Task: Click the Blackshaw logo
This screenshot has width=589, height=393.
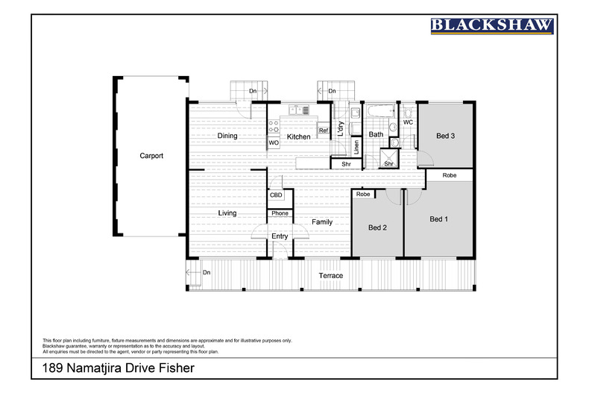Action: pyautogui.click(x=493, y=25)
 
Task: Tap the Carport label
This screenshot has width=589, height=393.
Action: pyautogui.click(x=151, y=156)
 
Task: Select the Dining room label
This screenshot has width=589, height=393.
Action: pyautogui.click(x=227, y=136)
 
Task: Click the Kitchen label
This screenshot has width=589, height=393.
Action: pyautogui.click(x=298, y=136)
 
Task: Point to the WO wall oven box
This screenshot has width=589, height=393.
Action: pyautogui.click(x=274, y=142)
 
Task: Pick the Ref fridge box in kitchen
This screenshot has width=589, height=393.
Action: pyautogui.click(x=324, y=131)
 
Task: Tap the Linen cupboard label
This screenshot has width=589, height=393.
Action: pyautogui.click(x=356, y=146)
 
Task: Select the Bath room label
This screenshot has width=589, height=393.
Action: pyautogui.click(x=376, y=135)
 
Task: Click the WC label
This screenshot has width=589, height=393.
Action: pyautogui.click(x=408, y=122)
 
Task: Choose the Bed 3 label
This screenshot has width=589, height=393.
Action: pyautogui.click(x=445, y=136)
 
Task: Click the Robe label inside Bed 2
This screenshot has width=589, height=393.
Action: pyautogui.click(x=363, y=194)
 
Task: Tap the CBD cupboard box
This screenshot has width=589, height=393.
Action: pyautogui.click(x=276, y=195)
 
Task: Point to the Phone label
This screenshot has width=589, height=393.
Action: pyautogui.click(x=280, y=213)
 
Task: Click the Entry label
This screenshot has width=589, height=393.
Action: pyautogui.click(x=280, y=236)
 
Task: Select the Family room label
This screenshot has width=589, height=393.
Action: pyautogui.click(x=322, y=221)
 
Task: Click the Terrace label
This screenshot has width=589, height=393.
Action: pyautogui.click(x=331, y=275)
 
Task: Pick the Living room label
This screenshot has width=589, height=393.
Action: pyautogui.click(x=227, y=213)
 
